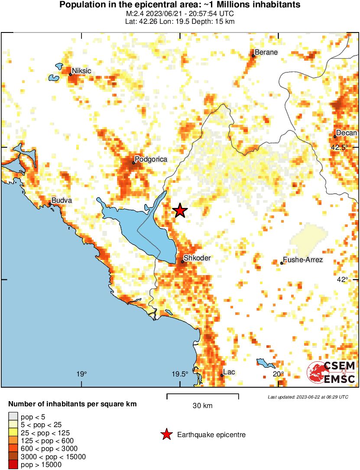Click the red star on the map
click(180, 211)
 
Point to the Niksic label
click(81, 71)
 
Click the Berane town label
click(266, 52)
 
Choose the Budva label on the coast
click(61, 201)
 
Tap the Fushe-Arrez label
click(302, 260)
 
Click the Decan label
click(347, 133)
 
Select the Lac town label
click(229, 372)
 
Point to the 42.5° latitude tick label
click(339, 147)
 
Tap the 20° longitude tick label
click(278, 374)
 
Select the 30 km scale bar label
click(202, 406)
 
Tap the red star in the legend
click(166, 434)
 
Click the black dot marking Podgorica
click(133, 163)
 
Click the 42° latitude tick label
click(342, 279)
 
